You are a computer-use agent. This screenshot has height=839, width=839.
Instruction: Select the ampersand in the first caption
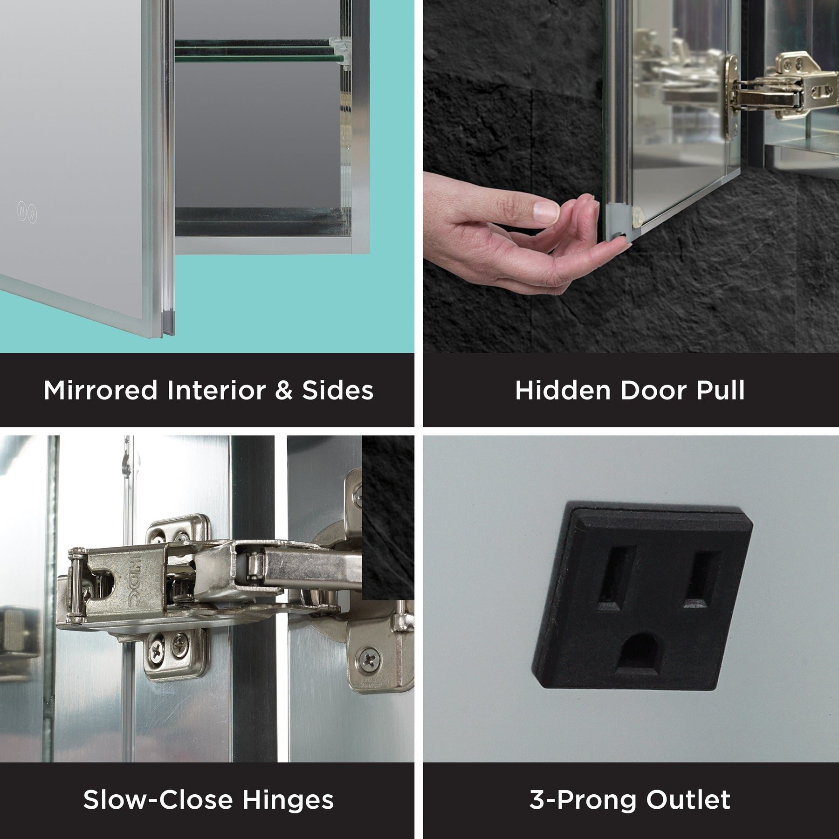[x=283, y=390]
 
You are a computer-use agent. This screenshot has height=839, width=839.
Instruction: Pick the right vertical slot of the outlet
[x=695, y=578]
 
